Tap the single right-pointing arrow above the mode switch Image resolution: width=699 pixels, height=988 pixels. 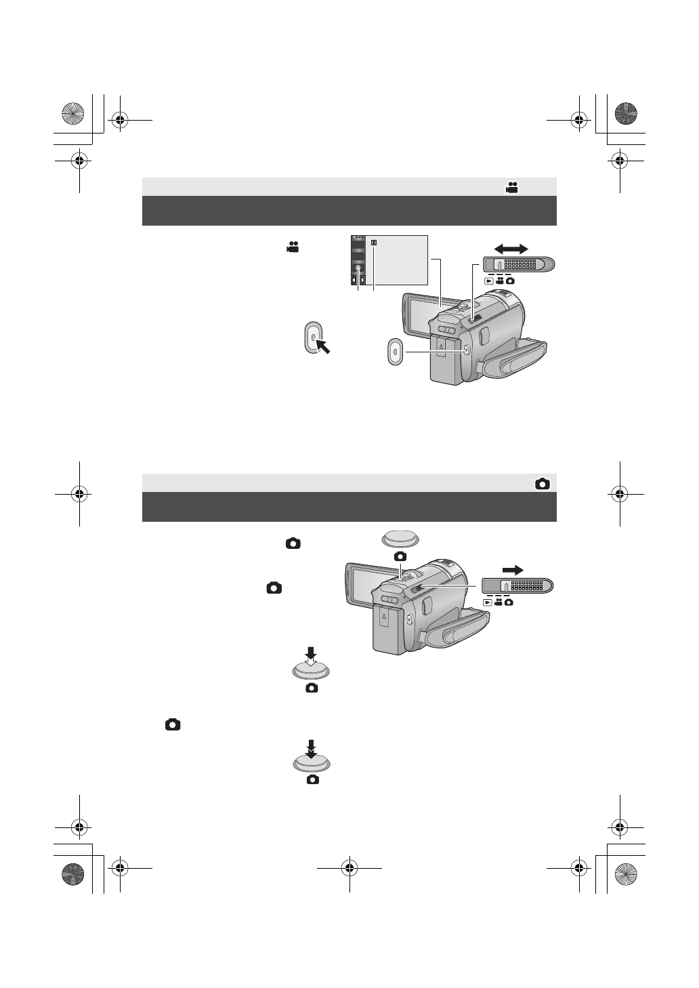click(x=512, y=570)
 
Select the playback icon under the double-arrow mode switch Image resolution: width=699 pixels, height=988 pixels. click(x=488, y=280)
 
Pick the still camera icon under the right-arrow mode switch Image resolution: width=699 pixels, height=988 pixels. click(x=509, y=602)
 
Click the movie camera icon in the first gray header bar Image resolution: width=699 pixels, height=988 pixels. click(x=511, y=188)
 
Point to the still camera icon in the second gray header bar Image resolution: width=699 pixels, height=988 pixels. click(x=542, y=484)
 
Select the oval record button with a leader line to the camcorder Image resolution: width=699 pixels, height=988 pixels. click(x=395, y=352)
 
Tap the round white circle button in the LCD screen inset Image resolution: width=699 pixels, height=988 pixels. click(x=358, y=268)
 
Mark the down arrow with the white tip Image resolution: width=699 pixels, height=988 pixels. click(x=311, y=656)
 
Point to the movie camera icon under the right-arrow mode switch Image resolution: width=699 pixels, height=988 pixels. click(x=499, y=602)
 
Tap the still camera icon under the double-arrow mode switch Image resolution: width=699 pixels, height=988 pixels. click(x=509, y=280)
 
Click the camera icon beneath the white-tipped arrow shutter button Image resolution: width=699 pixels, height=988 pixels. click(x=312, y=688)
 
